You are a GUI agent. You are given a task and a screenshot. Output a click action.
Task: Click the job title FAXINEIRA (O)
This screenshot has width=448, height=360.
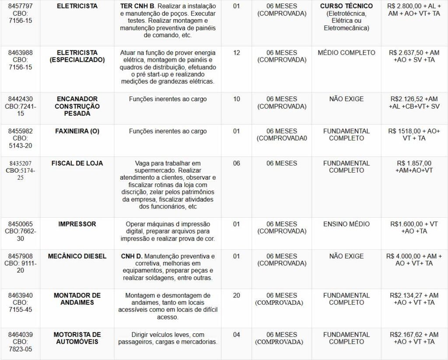(x=77, y=131)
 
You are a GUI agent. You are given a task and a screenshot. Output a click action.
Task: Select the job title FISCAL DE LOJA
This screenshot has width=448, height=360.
(x=77, y=163)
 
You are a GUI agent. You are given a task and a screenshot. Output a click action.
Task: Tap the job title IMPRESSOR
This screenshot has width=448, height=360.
(x=77, y=224)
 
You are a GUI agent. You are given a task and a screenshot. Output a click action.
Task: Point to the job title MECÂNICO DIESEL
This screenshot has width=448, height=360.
(x=77, y=256)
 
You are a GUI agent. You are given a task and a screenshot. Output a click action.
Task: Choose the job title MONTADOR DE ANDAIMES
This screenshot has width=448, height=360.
(x=77, y=299)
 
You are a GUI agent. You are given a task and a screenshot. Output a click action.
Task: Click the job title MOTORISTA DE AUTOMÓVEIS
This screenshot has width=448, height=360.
(x=77, y=338)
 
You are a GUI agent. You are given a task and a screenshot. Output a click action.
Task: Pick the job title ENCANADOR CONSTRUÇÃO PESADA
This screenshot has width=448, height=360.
(x=77, y=106)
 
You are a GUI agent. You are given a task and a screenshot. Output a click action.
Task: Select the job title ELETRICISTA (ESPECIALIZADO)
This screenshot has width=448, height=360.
(x=77, y=56)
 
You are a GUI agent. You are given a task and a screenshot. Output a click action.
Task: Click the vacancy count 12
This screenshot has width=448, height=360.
(x=237, y=53)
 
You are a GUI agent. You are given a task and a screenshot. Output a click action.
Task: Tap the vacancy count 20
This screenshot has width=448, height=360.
(x=237, y=296)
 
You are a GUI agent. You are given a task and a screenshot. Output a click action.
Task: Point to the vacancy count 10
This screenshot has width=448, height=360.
(x=237, y=99)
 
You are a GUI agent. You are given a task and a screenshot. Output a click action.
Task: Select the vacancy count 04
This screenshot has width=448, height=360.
(x=237, y=335)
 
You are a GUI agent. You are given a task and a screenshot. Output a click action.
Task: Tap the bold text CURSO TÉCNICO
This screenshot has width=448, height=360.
(x=346, y=6)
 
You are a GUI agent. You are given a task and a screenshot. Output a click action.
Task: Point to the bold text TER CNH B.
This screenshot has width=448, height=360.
(x=137, y=6)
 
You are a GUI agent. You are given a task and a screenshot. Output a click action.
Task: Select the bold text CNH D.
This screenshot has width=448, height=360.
(x=132, y=256)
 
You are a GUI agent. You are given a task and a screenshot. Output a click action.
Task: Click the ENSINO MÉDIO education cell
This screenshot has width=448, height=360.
(x=346, y=224)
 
